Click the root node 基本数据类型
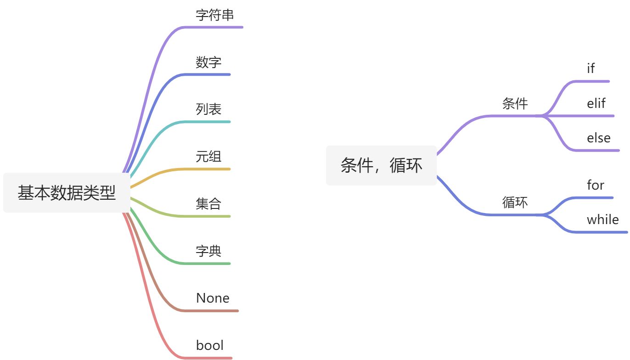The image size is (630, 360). pyautogui.click(x=67, y=193)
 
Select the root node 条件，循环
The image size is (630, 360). pyautogui.click(x=381, y=165)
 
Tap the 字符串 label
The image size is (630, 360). pyautogui.click(x=215, y=15)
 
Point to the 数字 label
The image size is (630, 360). pyautogui.click(x=208, y=62)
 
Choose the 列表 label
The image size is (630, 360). pyautogui.click(x=208, y=109)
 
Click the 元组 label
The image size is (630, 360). pyautogui.click(x=208, y=157)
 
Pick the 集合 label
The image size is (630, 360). pyautogui.click(x=208, y=203)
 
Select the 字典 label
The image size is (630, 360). pyautogui.click(x=208, y=251)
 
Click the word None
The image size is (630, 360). pyautogui.click(x=213, y=298)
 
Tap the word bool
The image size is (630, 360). pyautogui.click(x=210, y=345)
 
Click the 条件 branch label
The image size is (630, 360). pyautogui.click(x=515, y=104)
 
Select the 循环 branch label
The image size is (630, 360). pyautogui.click(x=515, y=202)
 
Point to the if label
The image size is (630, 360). pyautogui.click(x=591, y=68)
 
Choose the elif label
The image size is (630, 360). pyautogui.click(x=596, y=103)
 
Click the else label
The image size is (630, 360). pyautogui.click(x=599, y=138)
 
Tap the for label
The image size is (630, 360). pyautogui.click(x=596, y=185)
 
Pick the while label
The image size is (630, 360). pyautogui.click(x=603, y=219)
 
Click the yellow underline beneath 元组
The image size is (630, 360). pyautogui.click(x=207, y=169)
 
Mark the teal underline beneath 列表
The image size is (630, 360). pyautogui.click(x=207, y=122)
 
